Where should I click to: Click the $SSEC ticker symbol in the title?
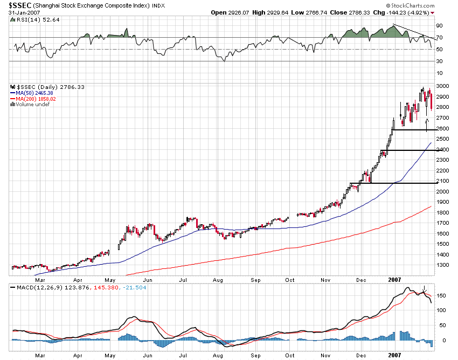[x=18, y=5]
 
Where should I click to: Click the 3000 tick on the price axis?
[x=442, y=86]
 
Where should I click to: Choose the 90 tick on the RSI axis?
[x=439, y=26]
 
